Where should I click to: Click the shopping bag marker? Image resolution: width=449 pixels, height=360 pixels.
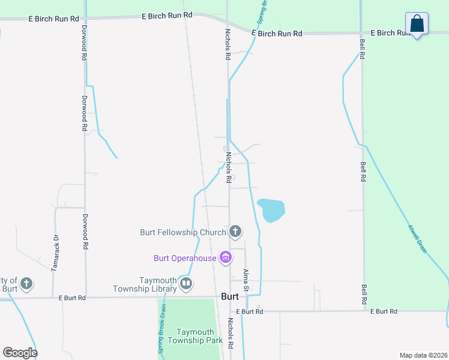tap(417, 25)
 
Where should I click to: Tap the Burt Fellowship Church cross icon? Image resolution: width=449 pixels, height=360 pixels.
tap(235, 231)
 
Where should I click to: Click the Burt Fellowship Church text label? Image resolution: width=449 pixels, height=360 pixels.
tap(182, 232)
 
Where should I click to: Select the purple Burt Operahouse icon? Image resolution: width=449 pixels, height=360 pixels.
tap(226, 258)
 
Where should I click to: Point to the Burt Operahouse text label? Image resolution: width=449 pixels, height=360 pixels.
tap(185, 259)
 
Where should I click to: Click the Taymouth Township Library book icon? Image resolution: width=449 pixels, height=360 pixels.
tap(186, 284)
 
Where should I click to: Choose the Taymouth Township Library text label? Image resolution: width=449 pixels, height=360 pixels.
tap(158, 284)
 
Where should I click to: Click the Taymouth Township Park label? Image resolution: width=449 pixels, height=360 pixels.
tap(199, 336)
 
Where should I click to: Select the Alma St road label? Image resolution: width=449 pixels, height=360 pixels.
tap(246, 281)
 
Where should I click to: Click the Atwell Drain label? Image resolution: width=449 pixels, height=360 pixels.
tap(417, 239)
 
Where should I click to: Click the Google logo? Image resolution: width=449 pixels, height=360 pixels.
tap(20, 353)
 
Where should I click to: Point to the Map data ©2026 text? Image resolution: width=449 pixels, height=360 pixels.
tap(423, 355)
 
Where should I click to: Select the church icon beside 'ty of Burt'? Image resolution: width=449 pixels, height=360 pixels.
tap(26, 283)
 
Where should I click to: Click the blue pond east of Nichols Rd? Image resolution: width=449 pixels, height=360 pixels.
tap(271, 210)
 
